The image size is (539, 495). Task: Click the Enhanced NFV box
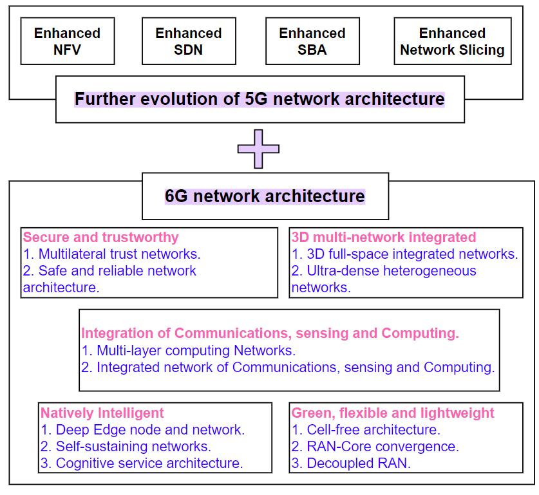(67, 41)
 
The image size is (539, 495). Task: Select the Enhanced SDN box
(188, 41)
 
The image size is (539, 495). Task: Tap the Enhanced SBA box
(312, 41)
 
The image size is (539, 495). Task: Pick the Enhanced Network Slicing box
(452, 41)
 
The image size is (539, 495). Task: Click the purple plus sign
(258, 149)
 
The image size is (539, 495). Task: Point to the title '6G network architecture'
(265, 196)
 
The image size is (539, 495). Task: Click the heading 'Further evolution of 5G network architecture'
(260, 100)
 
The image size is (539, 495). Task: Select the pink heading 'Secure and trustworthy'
(100, 237)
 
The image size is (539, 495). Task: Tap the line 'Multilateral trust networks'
(112, 254)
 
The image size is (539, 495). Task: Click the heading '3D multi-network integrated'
(384, 237)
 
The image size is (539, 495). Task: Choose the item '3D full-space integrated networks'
(405, 254)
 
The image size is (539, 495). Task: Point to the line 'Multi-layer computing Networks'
(188, 351)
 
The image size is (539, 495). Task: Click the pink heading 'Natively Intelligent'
(102, 413)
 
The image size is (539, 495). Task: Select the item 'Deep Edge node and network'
(142, 429)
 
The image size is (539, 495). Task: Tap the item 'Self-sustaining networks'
(126, 446)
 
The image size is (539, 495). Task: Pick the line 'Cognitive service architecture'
(142, 463)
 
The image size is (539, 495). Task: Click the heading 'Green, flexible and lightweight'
(393, 413)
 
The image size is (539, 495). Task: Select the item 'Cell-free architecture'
(366, 429)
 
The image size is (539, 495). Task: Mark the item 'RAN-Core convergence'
(375, 446)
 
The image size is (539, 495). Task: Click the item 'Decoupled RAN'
(351, 463)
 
